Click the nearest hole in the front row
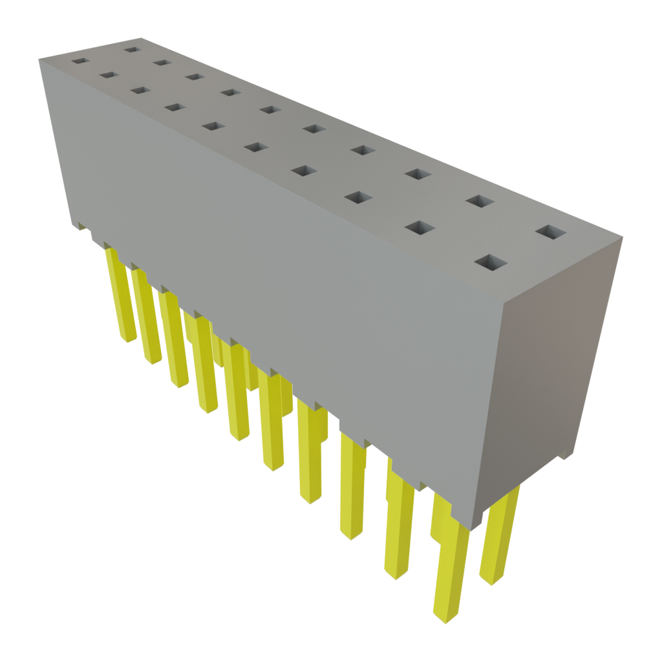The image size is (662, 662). [491, 263]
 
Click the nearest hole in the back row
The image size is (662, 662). [551, 233]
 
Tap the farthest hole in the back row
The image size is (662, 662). [132, 48]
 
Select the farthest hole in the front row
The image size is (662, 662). [79, 61]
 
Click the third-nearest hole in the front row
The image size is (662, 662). [356, 197]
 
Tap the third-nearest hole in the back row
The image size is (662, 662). [418, 173]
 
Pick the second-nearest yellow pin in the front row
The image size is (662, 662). [398, 524]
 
